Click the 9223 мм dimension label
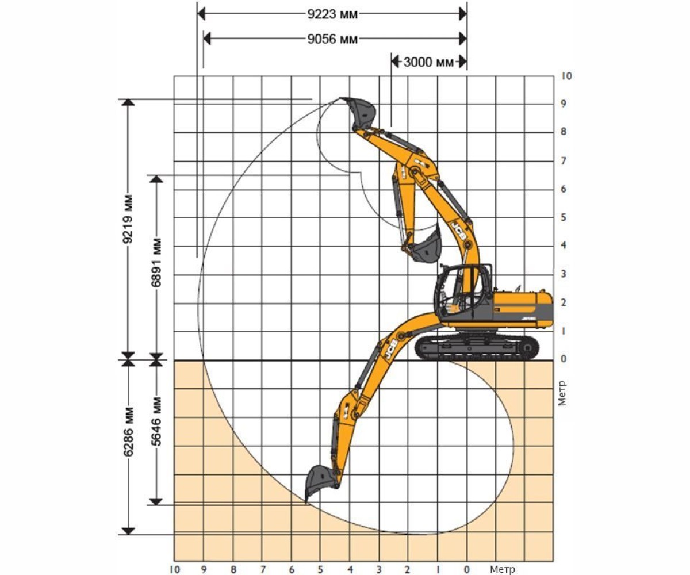click(x=332, y=14)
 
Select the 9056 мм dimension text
click(x=332, y=39)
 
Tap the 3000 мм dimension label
click(x=428, y=62)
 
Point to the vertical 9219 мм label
click(x=128, y=218)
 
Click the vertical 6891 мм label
click(x=156, y=262)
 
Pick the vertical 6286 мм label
click(x=128, y=432)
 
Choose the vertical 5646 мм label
click(x=156, y=421)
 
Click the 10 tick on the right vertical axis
click(x=566, y=76)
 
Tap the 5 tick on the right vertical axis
click(x=563, y=217)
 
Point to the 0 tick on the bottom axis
click(x=466, y=569)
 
